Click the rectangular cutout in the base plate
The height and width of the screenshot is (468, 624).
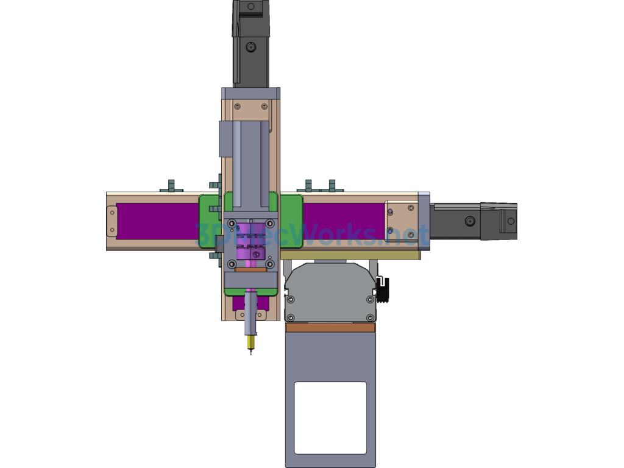tap(330, 417)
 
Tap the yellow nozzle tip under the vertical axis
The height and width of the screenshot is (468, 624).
tap(250, 344)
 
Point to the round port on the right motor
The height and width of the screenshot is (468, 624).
tap(470, 221)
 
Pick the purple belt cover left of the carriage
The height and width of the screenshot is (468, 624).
tap(157, 221)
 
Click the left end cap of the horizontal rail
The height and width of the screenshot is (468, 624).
tap(112, 221)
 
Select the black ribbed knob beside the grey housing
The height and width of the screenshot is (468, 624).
tap(383, 290)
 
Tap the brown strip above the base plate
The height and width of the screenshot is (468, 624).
tap(330, 328)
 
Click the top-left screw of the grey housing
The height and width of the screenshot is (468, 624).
tap(291, 299)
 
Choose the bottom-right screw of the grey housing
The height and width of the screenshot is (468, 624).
tap(370, 317)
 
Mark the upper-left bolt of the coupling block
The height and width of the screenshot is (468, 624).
tap(232, 224)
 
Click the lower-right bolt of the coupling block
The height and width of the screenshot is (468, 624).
tap(269, 264)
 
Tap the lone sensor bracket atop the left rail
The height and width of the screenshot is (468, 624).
tap(171, 185)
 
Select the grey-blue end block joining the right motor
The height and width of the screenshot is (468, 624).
tap(424, 221)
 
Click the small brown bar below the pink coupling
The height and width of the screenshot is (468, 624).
tap(250, 269)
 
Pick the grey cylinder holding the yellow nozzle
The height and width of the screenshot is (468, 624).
tap(250, 314)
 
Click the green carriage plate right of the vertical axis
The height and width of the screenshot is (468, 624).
tap(291, 221)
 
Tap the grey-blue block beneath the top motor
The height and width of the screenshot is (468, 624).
tap(250, 93)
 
